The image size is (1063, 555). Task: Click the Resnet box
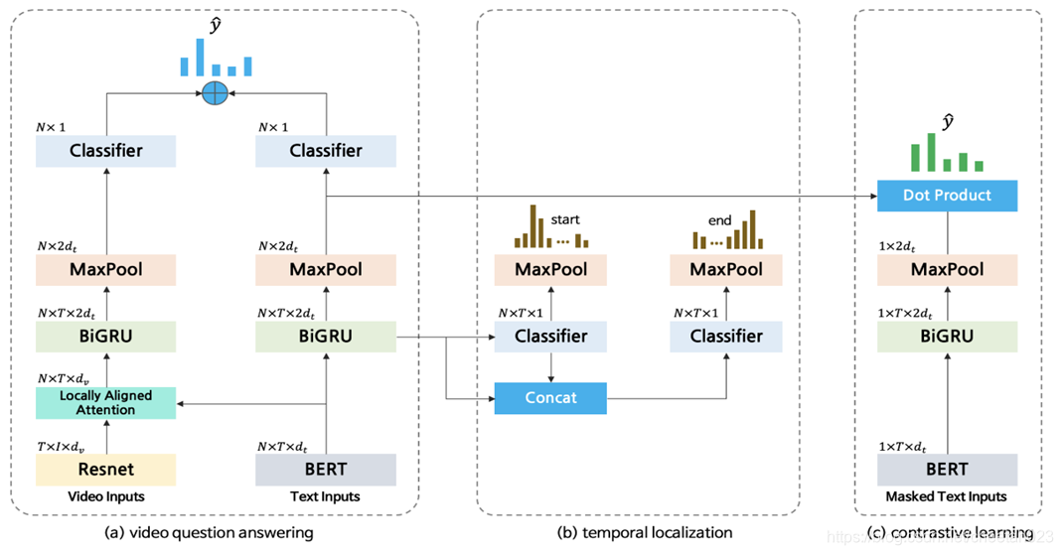pyautogui.click(x=105, y=469)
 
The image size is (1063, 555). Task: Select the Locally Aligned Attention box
pyautogui.click(x=105, y=402)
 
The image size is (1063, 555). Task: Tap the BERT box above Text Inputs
pyautogui.click(x=326, y=469)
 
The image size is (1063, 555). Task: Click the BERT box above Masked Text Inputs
pyautogui.click(x=947, y=469)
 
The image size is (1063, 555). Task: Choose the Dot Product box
pyautogui.click(x=947, y=196)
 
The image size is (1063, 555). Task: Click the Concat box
pyautogui.click(x=550, y=398)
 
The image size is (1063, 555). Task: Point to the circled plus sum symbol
pyautogui.click(x=215, y=93)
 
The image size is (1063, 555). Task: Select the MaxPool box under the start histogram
pyautogui.click(x=550, y=269)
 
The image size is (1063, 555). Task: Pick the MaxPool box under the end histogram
pyautogui.click(x=726, y=269)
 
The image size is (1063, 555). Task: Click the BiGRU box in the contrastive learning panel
pyautogui.click(x=947, y=336)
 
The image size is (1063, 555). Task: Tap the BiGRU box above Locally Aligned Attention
pyautogui.click(x=105, y=336)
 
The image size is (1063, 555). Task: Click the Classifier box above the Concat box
pyautogui.click(x=550, y=336)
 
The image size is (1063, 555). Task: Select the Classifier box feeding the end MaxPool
pyautogui.click(x=726, y=336)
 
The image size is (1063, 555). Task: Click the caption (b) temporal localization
pyautogui.click(x=638, y=533)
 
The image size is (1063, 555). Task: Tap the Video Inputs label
pyautogui.click(x=105, y=496)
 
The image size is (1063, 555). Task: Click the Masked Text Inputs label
pyautogui.click(x=947, y=496)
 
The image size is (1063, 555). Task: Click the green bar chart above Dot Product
pyautogui.click(x=947, y=154)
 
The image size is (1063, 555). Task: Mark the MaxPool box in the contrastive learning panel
pyautogui.click(x=947, y=269)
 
